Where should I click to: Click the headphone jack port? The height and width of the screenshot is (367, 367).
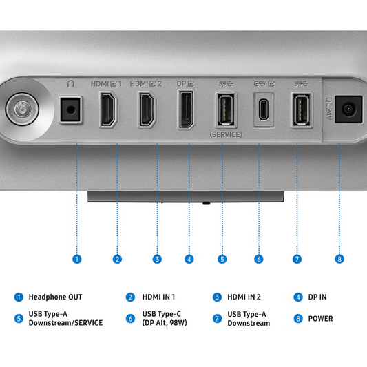click(x=70, y=109)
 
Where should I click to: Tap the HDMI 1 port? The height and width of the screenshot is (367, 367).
click(x=108, y=109)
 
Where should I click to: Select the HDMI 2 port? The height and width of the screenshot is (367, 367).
click(x=147, y=109)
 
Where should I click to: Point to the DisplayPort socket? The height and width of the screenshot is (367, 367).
click(x=187, y=109)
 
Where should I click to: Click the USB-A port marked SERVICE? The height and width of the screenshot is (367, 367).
click(x=226, y=109)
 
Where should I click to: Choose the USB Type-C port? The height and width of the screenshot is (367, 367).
click(x=264, y=109)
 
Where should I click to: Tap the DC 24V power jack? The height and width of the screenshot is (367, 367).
click(x=348, y=109)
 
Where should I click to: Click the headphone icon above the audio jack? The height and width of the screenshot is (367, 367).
click(x=70, y=83)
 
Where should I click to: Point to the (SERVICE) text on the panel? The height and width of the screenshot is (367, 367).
click(x=226, y=134)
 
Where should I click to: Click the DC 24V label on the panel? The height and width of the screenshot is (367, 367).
click(x=329, y=109)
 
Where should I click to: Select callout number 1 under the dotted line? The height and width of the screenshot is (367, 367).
click(x=76, y=259)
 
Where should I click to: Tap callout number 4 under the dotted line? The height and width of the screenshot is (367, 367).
click(x=189, y=259)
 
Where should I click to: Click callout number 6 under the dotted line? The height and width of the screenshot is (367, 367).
click(x=259, y=259)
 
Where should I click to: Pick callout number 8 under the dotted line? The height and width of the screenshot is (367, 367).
click(x=339, y=259)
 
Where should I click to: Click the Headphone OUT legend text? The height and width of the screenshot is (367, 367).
click(x=55, y=297)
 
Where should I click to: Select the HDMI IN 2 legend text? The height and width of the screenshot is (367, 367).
click(x=244, y=297)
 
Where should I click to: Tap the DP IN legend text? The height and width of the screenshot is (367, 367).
click(x=317, y=297)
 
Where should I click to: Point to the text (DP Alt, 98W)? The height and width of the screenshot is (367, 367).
click(x=165, y=323)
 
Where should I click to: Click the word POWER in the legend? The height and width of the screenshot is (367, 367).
click(x=320, y=319)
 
